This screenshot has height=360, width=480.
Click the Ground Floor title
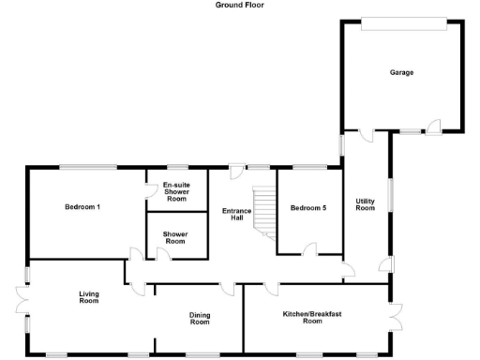[x=240, y=5]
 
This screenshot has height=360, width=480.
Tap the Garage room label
[x=402, y=72]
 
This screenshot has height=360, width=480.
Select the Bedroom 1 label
[x=83, y=206]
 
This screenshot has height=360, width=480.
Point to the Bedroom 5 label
[x=308, y=207]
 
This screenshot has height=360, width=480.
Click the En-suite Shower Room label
[x=176, y=190]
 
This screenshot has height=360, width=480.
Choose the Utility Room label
[x=365, y=203]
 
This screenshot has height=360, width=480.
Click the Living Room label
[x=88, y=297]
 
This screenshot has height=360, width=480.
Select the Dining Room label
[x=199, y=318]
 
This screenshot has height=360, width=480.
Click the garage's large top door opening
[x=403, y=23]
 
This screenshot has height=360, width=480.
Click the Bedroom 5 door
[x=311, y=248]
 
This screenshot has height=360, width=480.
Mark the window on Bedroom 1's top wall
[x=90, y=167]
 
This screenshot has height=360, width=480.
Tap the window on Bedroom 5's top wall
[x=309, y=167]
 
